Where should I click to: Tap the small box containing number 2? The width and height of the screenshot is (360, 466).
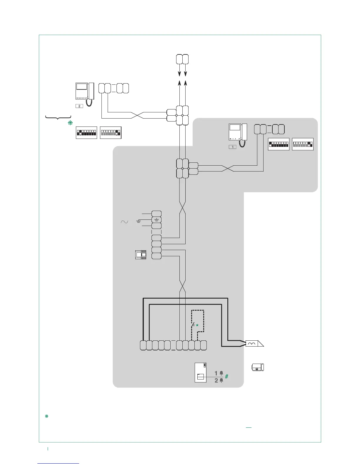click(x=79, y=106)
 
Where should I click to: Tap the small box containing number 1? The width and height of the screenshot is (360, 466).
click(x=232, y=147)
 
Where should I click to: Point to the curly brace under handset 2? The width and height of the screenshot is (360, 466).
click(x=58, y=118)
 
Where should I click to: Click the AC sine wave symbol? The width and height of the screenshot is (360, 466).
click(x=124, y=222)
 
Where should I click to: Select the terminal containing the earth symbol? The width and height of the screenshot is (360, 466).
click(x=156, y=220)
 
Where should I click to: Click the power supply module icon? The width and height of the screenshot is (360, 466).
click(x=141, y=255)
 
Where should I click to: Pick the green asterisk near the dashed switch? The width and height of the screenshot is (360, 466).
click(x=197, y=325)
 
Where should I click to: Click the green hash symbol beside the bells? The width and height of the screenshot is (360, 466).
click(x=227, y=376)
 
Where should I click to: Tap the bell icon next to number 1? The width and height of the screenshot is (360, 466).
click(x=221, y=373)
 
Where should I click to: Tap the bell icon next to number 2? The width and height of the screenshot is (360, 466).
click(x=221, y=380)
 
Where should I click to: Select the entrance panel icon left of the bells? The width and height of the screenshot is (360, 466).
click(x=201, y=372)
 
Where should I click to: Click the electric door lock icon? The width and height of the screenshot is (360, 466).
click(x=258, y=367)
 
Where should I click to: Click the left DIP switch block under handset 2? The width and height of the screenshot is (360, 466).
click(x=86, y=133)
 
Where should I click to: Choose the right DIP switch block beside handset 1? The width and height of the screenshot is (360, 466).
click(x=303, y=144)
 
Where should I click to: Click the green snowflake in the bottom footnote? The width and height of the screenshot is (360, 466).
click(x=46, y=416)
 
